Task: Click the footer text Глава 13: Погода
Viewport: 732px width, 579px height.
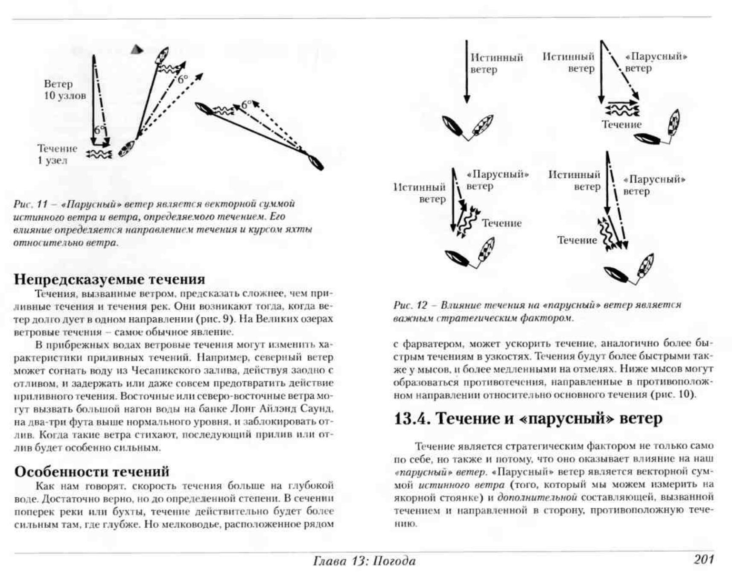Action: pos(364,561)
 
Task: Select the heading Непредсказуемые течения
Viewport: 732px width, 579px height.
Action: pos(109,279)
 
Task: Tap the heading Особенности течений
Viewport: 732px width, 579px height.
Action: pos(92,471)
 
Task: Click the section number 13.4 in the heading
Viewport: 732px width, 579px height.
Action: pos(411,418)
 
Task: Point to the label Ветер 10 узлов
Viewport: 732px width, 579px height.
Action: pos(64,90)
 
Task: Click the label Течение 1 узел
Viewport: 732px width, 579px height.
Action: pos(57,154)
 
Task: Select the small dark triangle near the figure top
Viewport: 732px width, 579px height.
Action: pos(137,50)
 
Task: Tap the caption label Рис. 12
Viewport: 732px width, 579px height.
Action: pos(410,305)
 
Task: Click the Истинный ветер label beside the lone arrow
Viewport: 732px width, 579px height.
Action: pos(496,63)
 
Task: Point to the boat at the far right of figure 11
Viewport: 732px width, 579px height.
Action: pos(315,162)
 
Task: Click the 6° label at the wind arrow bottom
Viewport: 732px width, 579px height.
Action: pos(99,130)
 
